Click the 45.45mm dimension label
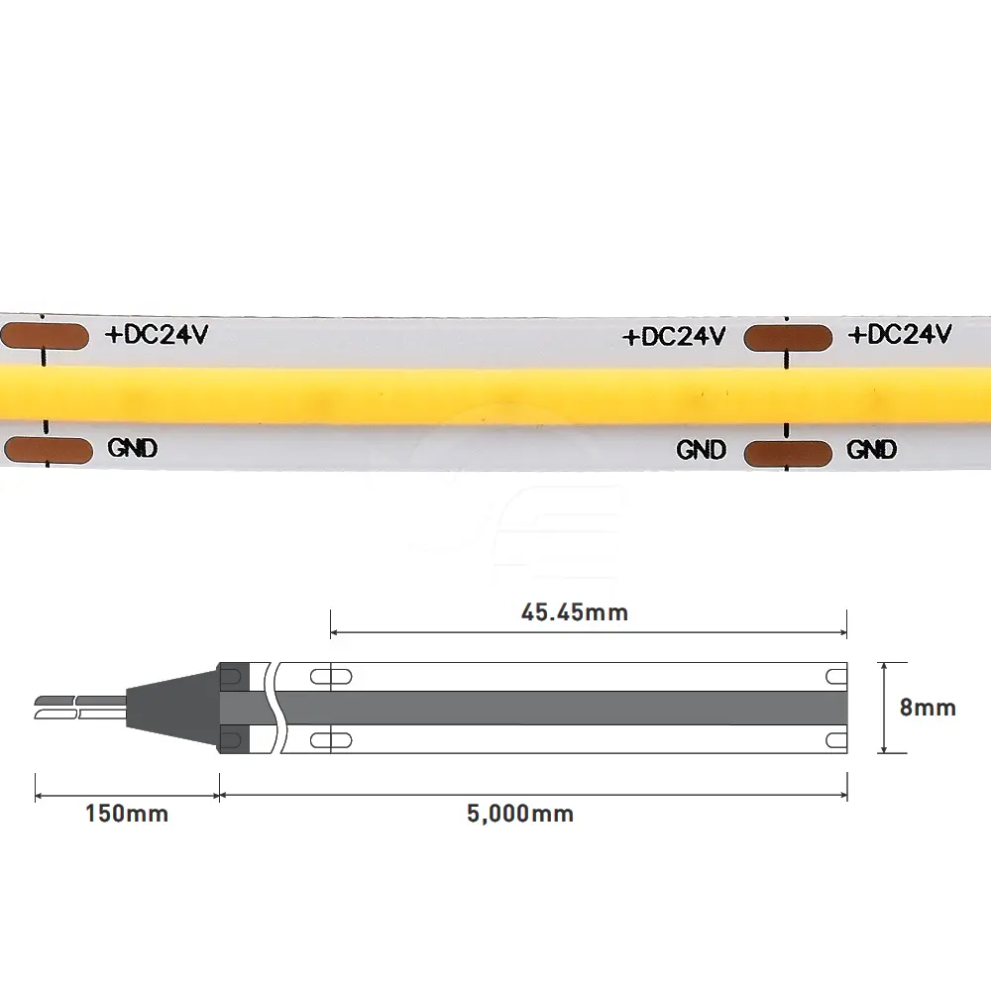tap(575, 612)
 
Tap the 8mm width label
tap(928, 708)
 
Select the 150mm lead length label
tap(127, 814)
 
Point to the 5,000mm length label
tap(520, 814)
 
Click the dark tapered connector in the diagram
tap(171, 708)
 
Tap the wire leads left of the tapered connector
tap(80, 708)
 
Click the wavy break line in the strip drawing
tap(275, 708)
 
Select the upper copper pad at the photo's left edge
tap(45, 336)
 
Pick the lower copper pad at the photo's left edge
tap(48, 450)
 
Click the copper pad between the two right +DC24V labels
tap(788, 338)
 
